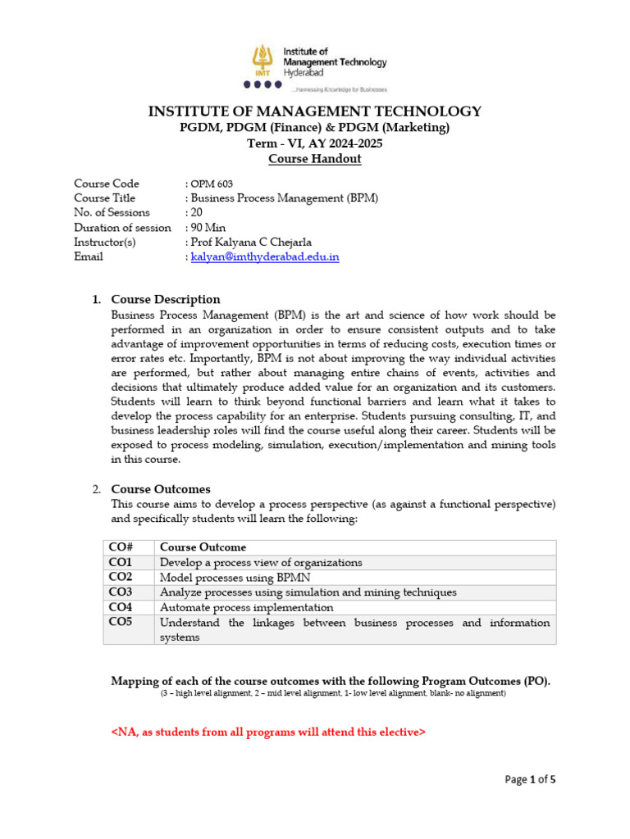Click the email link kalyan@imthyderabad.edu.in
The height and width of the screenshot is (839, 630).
pos(265,256)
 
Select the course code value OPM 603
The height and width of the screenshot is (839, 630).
pos(212,184)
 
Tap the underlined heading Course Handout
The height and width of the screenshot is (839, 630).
pos(315,159)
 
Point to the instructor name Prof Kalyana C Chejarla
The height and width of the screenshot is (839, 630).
pos(250,243)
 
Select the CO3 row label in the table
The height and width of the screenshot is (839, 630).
pos(121,592)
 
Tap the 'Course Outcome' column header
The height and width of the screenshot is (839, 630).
pos(203,547)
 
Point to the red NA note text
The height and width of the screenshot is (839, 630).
pos(268,732)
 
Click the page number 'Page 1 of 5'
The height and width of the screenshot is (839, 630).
pos(530,780)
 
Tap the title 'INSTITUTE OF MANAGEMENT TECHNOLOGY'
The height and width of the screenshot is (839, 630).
pos(315,111)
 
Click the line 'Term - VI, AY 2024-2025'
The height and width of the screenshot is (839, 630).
pos(315,143)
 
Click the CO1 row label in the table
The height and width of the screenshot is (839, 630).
pos(121,563)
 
